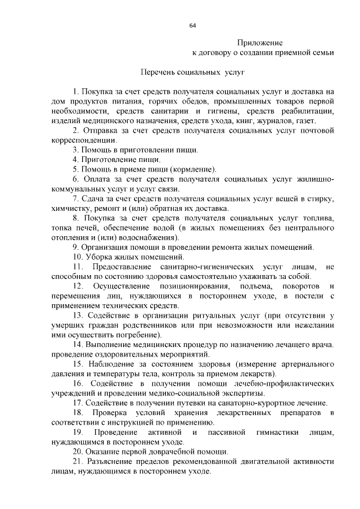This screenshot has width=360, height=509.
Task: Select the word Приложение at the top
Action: tap(259, 43)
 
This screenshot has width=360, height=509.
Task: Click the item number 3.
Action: tap(75, 150)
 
